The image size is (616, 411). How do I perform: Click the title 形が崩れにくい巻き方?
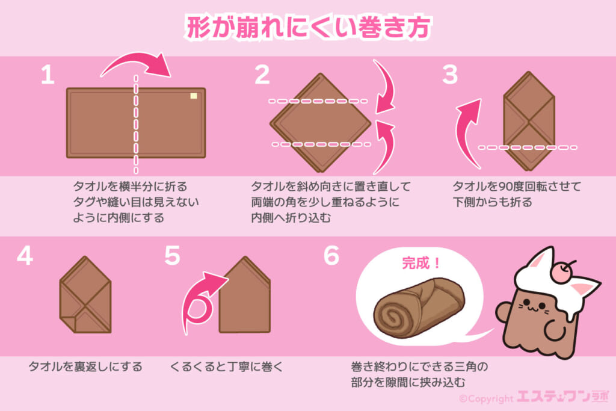pos(309,27)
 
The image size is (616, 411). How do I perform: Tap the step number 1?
pos(48,75)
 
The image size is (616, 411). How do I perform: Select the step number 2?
pos(262,75)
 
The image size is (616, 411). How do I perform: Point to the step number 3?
pos(450,75)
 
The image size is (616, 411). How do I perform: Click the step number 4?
pos(25,256)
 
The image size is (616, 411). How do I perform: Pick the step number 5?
pos(172,256)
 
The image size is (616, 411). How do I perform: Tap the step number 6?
pos(331,256)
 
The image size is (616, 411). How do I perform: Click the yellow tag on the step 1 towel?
pos(193,96)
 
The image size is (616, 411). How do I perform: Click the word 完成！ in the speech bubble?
pos(421,263)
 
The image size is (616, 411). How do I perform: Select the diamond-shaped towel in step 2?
pos(321,123)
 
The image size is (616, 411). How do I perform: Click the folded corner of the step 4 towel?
pos(68,322)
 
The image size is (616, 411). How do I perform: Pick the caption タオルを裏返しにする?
pos(85,367)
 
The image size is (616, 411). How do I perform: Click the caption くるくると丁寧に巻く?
pos(227,367)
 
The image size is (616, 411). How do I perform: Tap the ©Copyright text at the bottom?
pos(486,399)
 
